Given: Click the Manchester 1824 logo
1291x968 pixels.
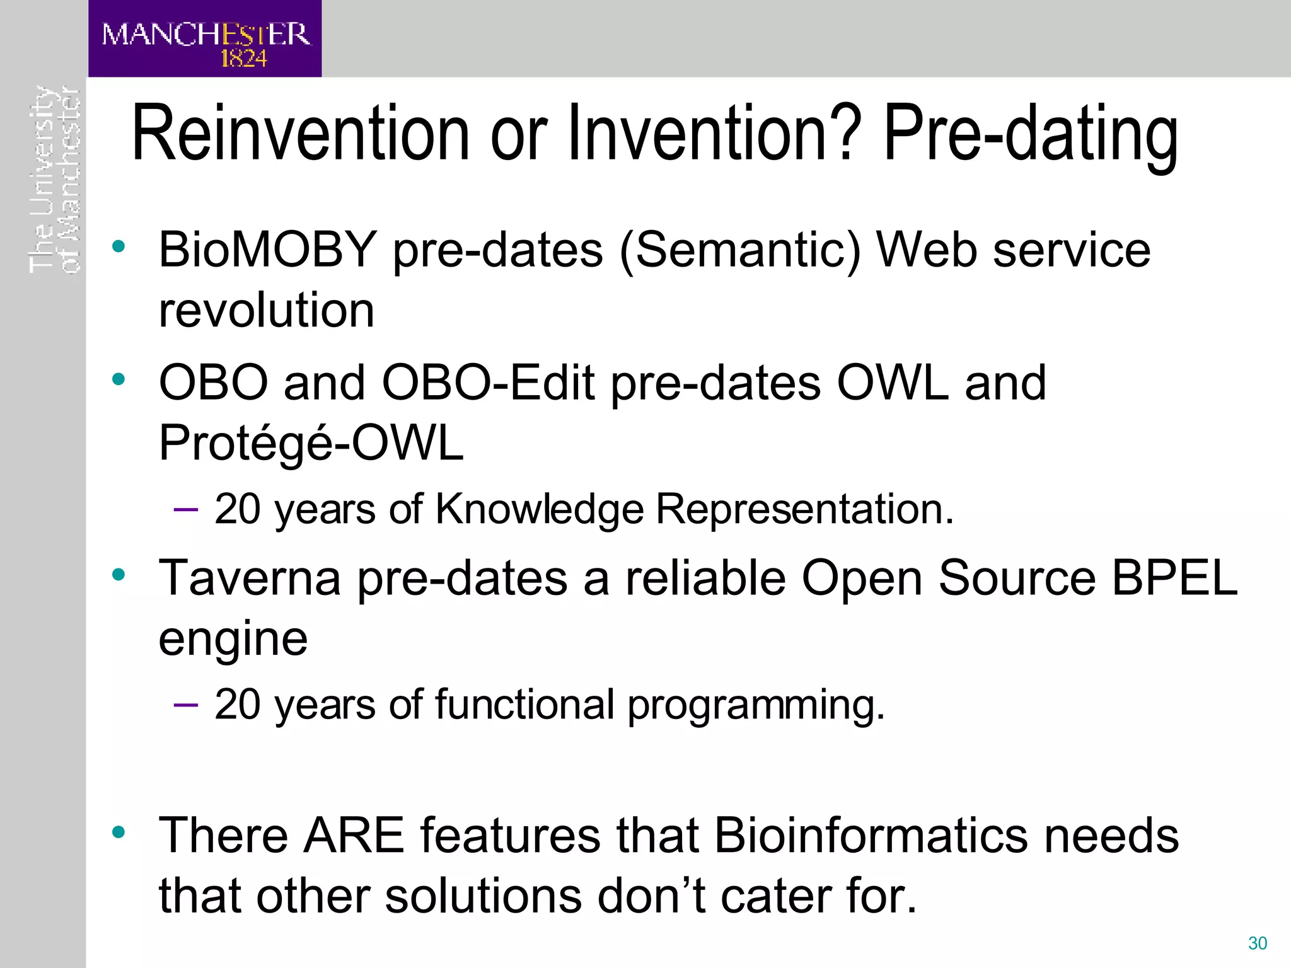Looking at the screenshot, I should [205, 39].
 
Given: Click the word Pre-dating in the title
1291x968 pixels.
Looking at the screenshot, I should [1030, 134].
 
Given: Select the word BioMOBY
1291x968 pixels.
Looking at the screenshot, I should [267, 250].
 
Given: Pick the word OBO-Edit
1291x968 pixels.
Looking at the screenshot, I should [488, 383].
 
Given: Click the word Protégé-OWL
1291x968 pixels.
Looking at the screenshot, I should [311, 443].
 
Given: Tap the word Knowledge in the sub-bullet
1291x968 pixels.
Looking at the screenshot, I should [540, 509].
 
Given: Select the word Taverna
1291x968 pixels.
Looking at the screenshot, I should [250, 578].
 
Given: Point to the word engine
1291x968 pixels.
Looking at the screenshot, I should [233, 640].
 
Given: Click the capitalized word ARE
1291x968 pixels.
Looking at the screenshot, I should [354, 835].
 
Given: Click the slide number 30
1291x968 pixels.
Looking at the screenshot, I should [1257, 943].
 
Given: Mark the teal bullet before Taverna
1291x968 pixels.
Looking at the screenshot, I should [119, 574].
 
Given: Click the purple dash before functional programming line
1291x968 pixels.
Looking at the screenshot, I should [185, 704].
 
